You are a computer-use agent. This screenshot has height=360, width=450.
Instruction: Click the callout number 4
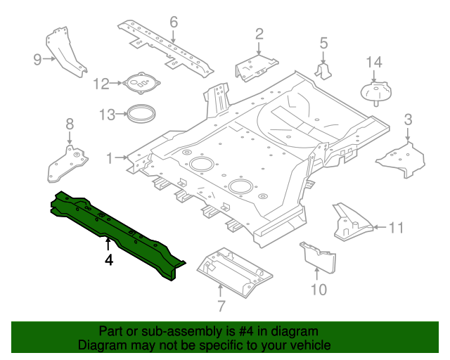click(108, 260)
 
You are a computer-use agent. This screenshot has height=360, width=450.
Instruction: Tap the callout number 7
click(220, 306)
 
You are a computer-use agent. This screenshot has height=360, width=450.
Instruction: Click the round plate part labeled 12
click(143, 84)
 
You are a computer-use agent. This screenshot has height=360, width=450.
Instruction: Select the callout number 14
click(374, 63)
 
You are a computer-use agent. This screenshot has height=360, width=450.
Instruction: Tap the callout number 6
click(174, 22)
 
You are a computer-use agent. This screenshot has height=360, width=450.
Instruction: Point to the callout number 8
click(69, 124)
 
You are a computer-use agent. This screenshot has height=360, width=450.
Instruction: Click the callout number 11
click(397, 227)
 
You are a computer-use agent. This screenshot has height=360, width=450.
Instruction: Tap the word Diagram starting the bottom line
click(101, 345)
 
